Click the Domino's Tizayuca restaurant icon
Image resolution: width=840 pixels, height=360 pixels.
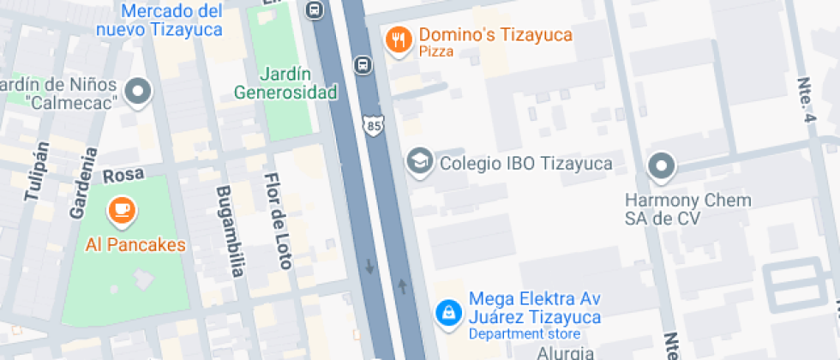(397, 39)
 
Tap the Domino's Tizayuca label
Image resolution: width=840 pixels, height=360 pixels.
(495, 37)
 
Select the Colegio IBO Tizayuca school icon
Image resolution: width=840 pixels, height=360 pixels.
(419, 162)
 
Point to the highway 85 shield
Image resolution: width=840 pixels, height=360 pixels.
(373, 126)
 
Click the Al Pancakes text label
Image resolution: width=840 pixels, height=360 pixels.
(135, 245)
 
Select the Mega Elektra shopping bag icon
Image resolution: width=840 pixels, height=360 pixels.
(447, 312)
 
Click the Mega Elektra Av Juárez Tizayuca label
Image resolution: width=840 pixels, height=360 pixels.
(534, 309)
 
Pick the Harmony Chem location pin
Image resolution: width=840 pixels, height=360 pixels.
(661, 166)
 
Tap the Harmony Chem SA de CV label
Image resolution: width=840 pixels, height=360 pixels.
(687, 209)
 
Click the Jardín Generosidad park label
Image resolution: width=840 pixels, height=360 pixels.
(285, 83)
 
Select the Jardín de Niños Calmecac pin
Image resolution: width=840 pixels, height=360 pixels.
(138, 91)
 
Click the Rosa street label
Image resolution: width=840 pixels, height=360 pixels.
(121, 175)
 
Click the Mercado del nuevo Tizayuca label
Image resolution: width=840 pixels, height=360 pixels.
(171, 20)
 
